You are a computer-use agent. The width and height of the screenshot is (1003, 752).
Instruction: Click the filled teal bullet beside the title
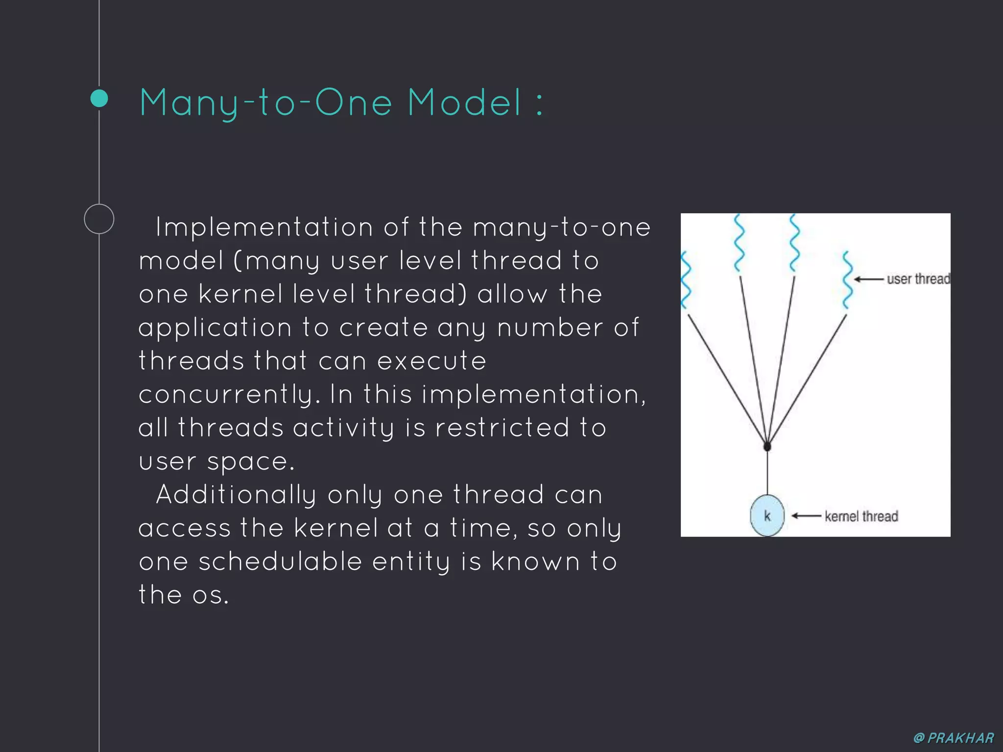pos(99,98)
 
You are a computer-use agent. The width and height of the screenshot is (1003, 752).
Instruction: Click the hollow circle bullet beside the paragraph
pos(99,219)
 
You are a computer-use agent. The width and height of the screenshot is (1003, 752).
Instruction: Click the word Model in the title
pos(465,102)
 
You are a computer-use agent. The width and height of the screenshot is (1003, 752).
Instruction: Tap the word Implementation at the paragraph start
pos(264,228)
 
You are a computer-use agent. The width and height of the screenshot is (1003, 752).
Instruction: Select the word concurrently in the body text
pos(229,395)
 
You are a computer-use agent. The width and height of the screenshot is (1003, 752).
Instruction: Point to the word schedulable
pos(280,562)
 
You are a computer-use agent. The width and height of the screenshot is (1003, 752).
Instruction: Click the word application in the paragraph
pos(215,328)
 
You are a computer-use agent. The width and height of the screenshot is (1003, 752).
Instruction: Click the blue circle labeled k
pos(767,516)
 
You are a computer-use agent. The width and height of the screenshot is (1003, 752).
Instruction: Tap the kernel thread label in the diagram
pos(861,516)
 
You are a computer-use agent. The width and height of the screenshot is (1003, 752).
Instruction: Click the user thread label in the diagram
pos(918,279)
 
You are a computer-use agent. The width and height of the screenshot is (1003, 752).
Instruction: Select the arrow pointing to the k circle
pos(806,516)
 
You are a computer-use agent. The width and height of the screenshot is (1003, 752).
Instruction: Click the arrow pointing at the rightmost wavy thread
pos(869,280)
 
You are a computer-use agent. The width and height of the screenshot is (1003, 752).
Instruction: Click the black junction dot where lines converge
pos(767,446)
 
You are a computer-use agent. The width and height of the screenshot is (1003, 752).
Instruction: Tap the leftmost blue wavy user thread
pos(686,280)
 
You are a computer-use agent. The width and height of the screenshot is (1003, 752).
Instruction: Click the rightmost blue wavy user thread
pos(847,280)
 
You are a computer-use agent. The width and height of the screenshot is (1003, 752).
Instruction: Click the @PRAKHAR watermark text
pos(954,738)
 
